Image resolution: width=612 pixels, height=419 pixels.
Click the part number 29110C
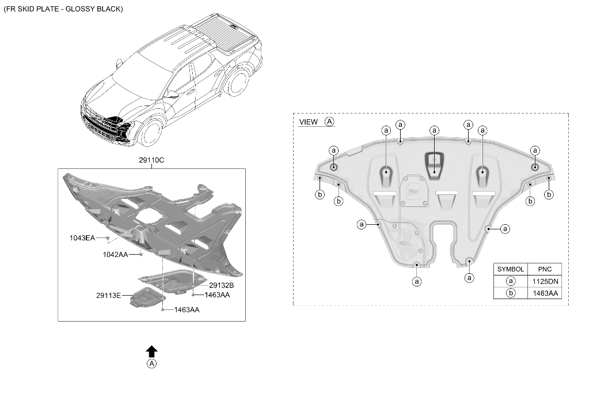[x=151, y=160]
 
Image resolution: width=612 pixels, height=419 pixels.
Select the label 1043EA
[x=82, y=237]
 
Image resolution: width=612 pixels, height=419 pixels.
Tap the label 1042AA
[x=116, y=254]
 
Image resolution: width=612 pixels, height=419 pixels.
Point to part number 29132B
[x=221, y=285]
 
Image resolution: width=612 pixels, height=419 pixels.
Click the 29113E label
[x=108, y=296]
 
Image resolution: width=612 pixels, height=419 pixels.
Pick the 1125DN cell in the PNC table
[x=545, y=281]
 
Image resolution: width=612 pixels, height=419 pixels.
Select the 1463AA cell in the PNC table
[x=545, y=293]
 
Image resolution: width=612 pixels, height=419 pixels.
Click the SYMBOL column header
[x=511, y=269]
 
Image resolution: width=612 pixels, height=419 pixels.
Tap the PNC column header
[x=545, y=269]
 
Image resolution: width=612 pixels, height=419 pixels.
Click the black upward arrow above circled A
[x=152, y=351]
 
